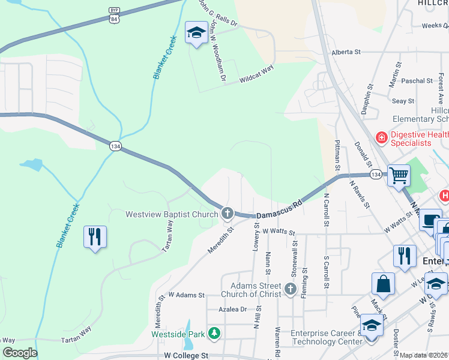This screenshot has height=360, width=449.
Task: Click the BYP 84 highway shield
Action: click(114, 16)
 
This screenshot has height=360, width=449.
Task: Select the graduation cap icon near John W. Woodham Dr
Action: click(196, 34)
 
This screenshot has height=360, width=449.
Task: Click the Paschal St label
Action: click(417, 80)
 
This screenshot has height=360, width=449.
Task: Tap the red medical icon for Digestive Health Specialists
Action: click(381, 138)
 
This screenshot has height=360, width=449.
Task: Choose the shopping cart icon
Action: click(399, 176)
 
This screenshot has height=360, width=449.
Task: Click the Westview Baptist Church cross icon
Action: click(227, 213)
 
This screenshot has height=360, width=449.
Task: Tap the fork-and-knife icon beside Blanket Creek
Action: click(95, 237)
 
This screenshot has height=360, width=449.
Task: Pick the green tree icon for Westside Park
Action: click(214, 333)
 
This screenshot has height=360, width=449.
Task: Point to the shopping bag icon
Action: click(383, 284)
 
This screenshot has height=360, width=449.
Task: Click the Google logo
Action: click(20, 353)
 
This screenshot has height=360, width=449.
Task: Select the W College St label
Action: click(185, 355)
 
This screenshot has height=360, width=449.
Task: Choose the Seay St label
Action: click(403, 101)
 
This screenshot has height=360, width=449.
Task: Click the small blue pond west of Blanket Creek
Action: click(31, 164)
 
